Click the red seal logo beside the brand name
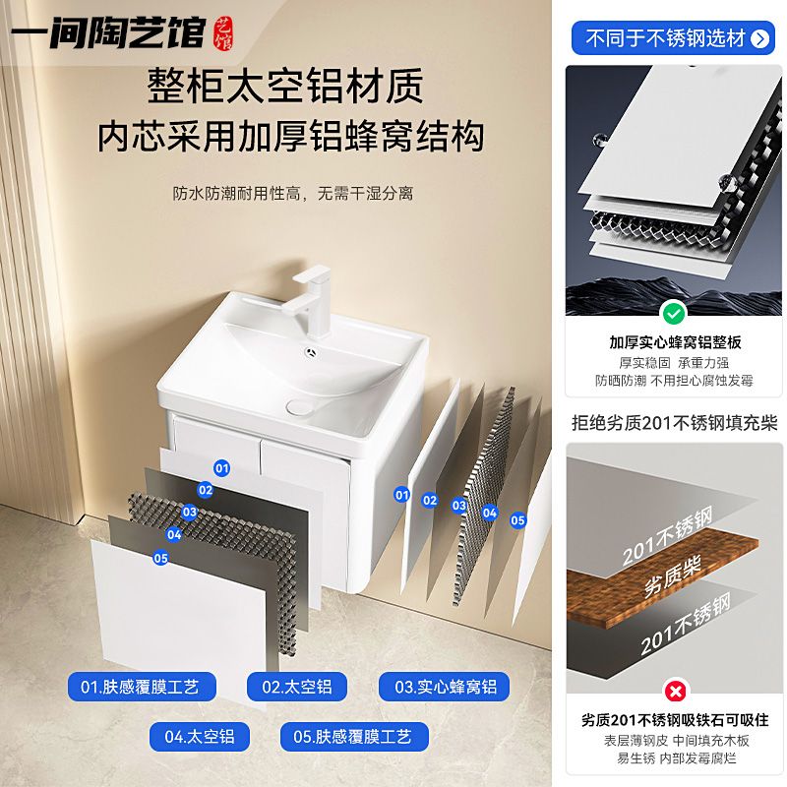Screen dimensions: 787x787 tap(223, 33)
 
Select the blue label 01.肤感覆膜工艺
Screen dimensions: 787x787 tap(142, 687)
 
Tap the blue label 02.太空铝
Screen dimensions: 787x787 tap(297, 687)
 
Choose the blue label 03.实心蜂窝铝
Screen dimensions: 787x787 tap(445, 687)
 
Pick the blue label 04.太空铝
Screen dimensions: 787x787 tap(200, 736)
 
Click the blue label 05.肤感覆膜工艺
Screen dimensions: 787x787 tap(354, 736)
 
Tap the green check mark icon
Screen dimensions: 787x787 tap(674, 314)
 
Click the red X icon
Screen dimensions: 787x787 tap(675, 692)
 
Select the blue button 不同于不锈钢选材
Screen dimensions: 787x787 tap(673, 37)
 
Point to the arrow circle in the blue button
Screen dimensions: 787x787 tap(759, 38)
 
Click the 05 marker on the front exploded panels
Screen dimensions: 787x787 tap(160, 558)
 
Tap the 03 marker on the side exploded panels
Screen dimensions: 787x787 tap(458, 505)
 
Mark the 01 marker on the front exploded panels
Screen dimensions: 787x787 tap(222, 468)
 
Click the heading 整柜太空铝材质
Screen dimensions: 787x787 tap(285, 86)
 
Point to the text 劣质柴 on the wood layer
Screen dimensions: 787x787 tap(672, 576)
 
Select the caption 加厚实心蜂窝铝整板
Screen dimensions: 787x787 tap(675, 342)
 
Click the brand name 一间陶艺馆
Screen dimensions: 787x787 tap(109, 33)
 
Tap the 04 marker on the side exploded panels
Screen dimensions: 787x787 tap(489, 513)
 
